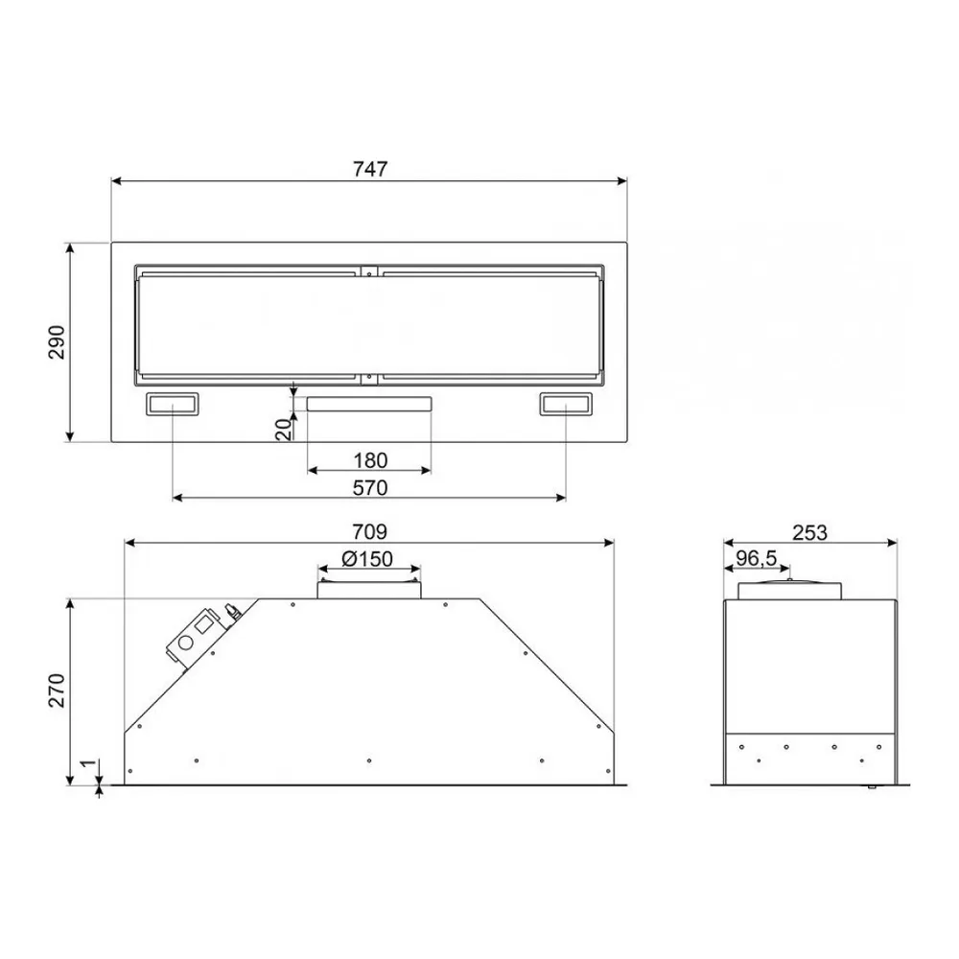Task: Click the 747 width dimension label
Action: click(x=370, y=169)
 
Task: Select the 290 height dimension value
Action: click(x=57, y=342)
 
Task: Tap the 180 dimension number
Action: click(x=370, y=460)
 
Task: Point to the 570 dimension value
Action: click(x=370, y=488)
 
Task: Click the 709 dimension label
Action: click(x=369, y=532)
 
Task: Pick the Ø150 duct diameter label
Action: click(x=367, y=559)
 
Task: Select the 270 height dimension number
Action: click(x=57, y=690)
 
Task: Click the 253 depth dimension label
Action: click(x=809, y=533)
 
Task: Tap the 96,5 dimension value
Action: click(x=756, y=558)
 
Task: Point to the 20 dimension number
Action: click(x=284, y=430)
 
